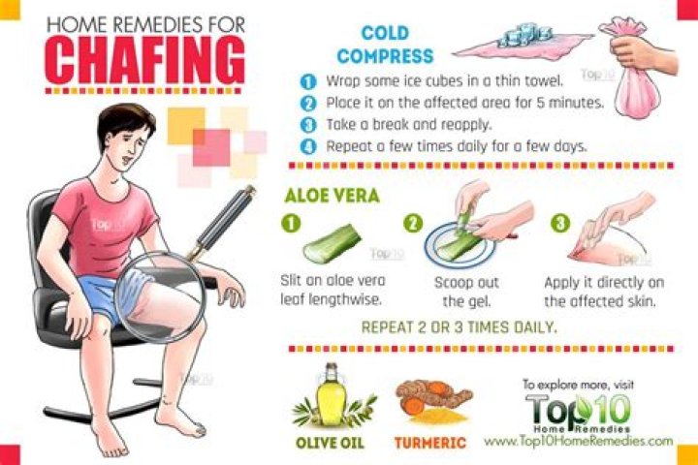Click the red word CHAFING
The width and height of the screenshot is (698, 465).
[x=145, y=61]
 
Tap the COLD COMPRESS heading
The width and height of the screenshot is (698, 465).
[x=385, y=45]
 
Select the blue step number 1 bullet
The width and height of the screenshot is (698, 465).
[x=308, y=82]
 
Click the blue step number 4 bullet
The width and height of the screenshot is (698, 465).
[x=308, y=146]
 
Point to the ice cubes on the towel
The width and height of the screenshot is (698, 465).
[x=525, y=35]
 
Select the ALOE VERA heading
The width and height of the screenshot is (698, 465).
[x=333, y=196]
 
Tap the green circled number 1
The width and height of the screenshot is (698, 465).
[x=291, y=223]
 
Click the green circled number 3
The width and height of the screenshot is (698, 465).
[x=560, y=223]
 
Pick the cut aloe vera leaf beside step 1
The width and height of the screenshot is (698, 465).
[x=333, y=243]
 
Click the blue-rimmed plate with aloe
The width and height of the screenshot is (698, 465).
[x=460, y=245]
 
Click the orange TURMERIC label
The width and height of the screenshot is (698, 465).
[x=430, y=443]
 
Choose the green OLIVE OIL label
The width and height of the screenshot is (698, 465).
[x=330, y=443]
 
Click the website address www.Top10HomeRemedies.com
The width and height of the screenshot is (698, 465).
[x=578, y=442]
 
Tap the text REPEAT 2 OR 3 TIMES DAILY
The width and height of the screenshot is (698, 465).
[x=459, y=327]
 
